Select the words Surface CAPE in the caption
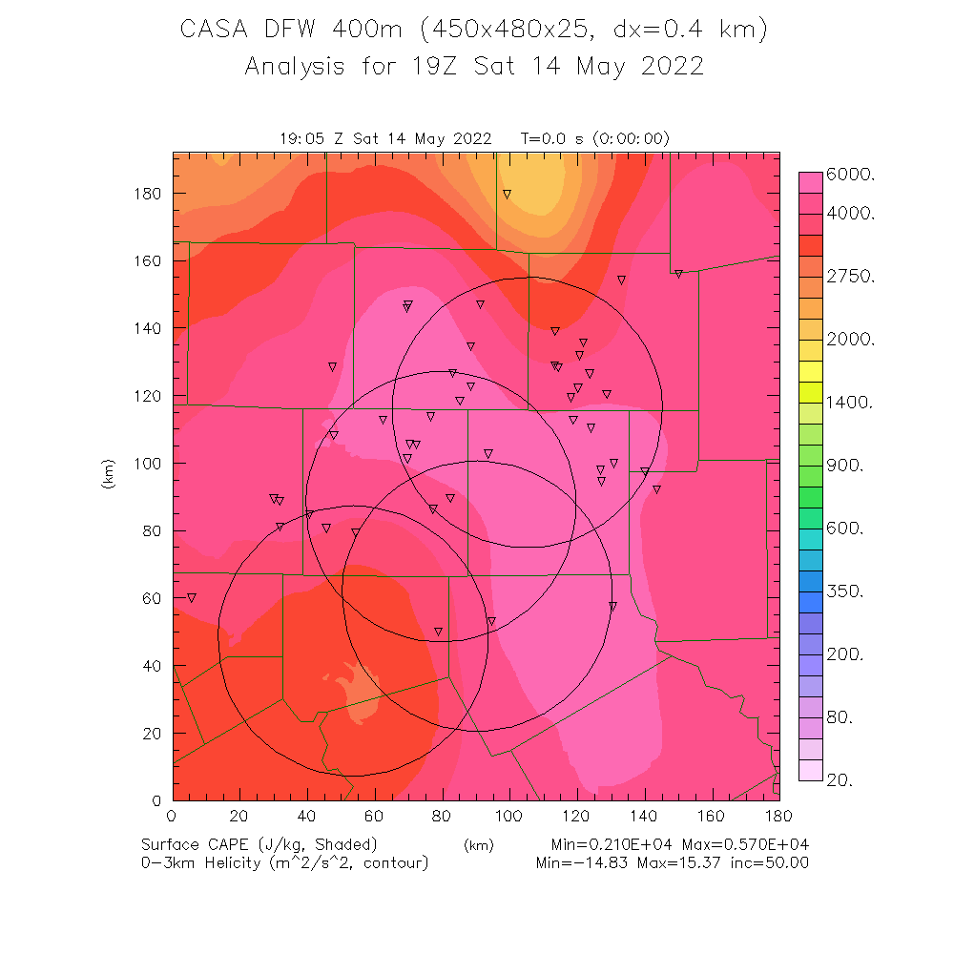tap(198, 845)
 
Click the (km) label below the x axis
tap(478, 845)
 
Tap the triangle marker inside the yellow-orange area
tap(508, 194)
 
